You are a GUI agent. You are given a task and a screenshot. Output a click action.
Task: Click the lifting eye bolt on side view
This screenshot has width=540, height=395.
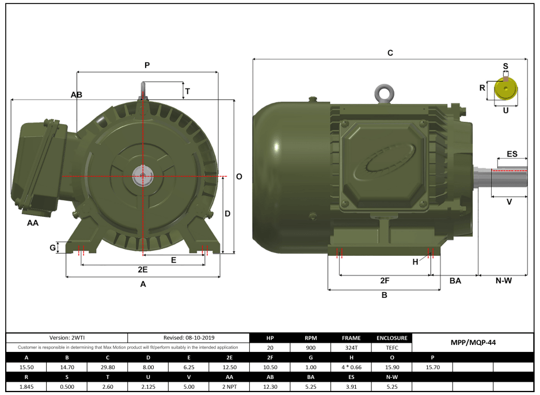(x=383, y=93)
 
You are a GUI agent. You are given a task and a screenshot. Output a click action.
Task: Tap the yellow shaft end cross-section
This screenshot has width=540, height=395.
(x=506, y=90)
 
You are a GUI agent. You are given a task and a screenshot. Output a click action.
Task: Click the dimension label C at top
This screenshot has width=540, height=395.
(x=390, y=53)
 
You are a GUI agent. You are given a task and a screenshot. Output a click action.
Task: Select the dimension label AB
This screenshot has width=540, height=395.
(x=76, y=94)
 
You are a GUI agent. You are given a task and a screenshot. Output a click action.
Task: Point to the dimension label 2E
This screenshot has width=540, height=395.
(x=142, y=270)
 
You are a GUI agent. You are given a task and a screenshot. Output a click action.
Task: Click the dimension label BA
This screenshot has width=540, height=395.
(x=455, y=281)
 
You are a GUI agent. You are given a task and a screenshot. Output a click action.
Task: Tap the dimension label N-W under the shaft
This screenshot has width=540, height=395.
(x=503, y=281)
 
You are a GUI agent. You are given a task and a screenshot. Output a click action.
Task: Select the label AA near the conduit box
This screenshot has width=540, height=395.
(x=33, y=223)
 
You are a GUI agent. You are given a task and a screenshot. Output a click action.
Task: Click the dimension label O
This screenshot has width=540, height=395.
(x=239, y=177)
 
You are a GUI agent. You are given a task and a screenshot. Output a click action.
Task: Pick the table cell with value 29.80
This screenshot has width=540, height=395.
(x=107, y=366)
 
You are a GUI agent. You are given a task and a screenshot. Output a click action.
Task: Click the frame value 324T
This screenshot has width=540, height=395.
(x=351, y=347)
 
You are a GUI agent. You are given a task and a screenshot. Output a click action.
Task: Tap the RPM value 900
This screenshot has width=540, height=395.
(x=310, y=347)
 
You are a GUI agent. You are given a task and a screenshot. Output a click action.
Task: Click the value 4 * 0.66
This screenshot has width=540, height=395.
(x=351, y=366)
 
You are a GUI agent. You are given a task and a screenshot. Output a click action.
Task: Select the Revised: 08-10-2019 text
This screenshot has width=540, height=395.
(x=188, y=338)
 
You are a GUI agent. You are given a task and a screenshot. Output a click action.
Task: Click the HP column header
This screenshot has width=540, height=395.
(x=270, y=338)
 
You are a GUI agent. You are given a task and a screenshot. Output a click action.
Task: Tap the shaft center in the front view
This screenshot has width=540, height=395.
(x=142, y=177)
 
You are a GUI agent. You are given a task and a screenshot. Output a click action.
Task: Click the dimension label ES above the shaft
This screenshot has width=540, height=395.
(x=511, y=154)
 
